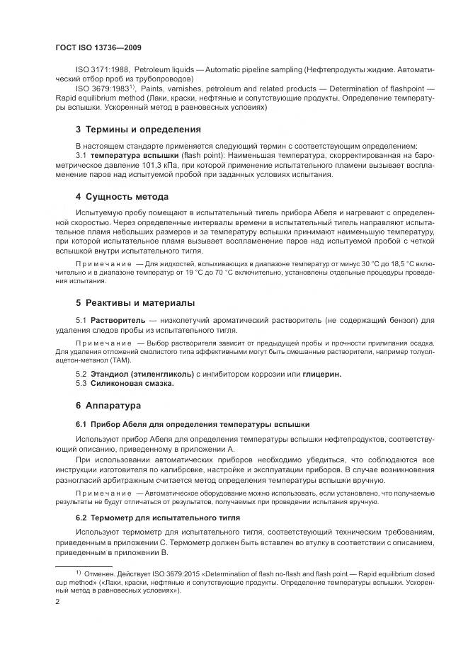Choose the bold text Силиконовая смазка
(x=132, y=383)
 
